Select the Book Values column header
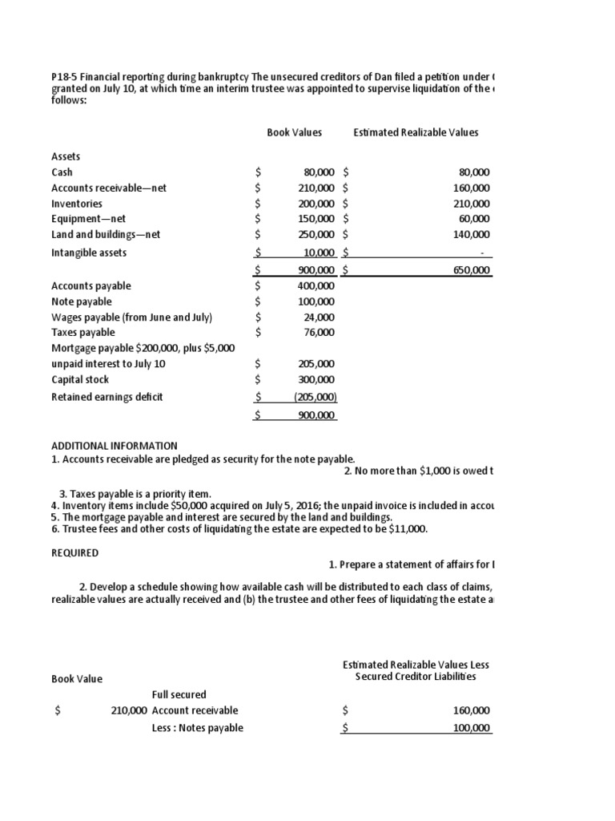pyautogui.click(x=294, y=131)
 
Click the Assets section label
pyautogui.click(x=66, y=156)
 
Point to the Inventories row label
pyautogui.click(x=77, y=204)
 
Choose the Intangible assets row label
pyautogui.click(x=89, y=253)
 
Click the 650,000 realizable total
pyautogui.click(x=472, y=271)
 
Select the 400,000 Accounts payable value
pyautogui.click(x=316, y=285)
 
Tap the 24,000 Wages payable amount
pyautogui.click(x=320, y=317)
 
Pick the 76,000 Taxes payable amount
pyautogui.click(x=320, y=332)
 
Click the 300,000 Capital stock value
pyautogui.click(x=316, y=379)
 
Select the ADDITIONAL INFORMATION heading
pyautogui.click(x=115, y=446)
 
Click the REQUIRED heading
pyautogui.click(x=75, y=553)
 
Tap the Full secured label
pyautogui.click(x=179, y=694)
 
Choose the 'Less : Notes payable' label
pyautogui.click(x=197, y=728)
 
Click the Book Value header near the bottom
pyautogui.click(x=77, y=679)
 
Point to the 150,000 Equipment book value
pyautogui.click(x=316, y=219)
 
